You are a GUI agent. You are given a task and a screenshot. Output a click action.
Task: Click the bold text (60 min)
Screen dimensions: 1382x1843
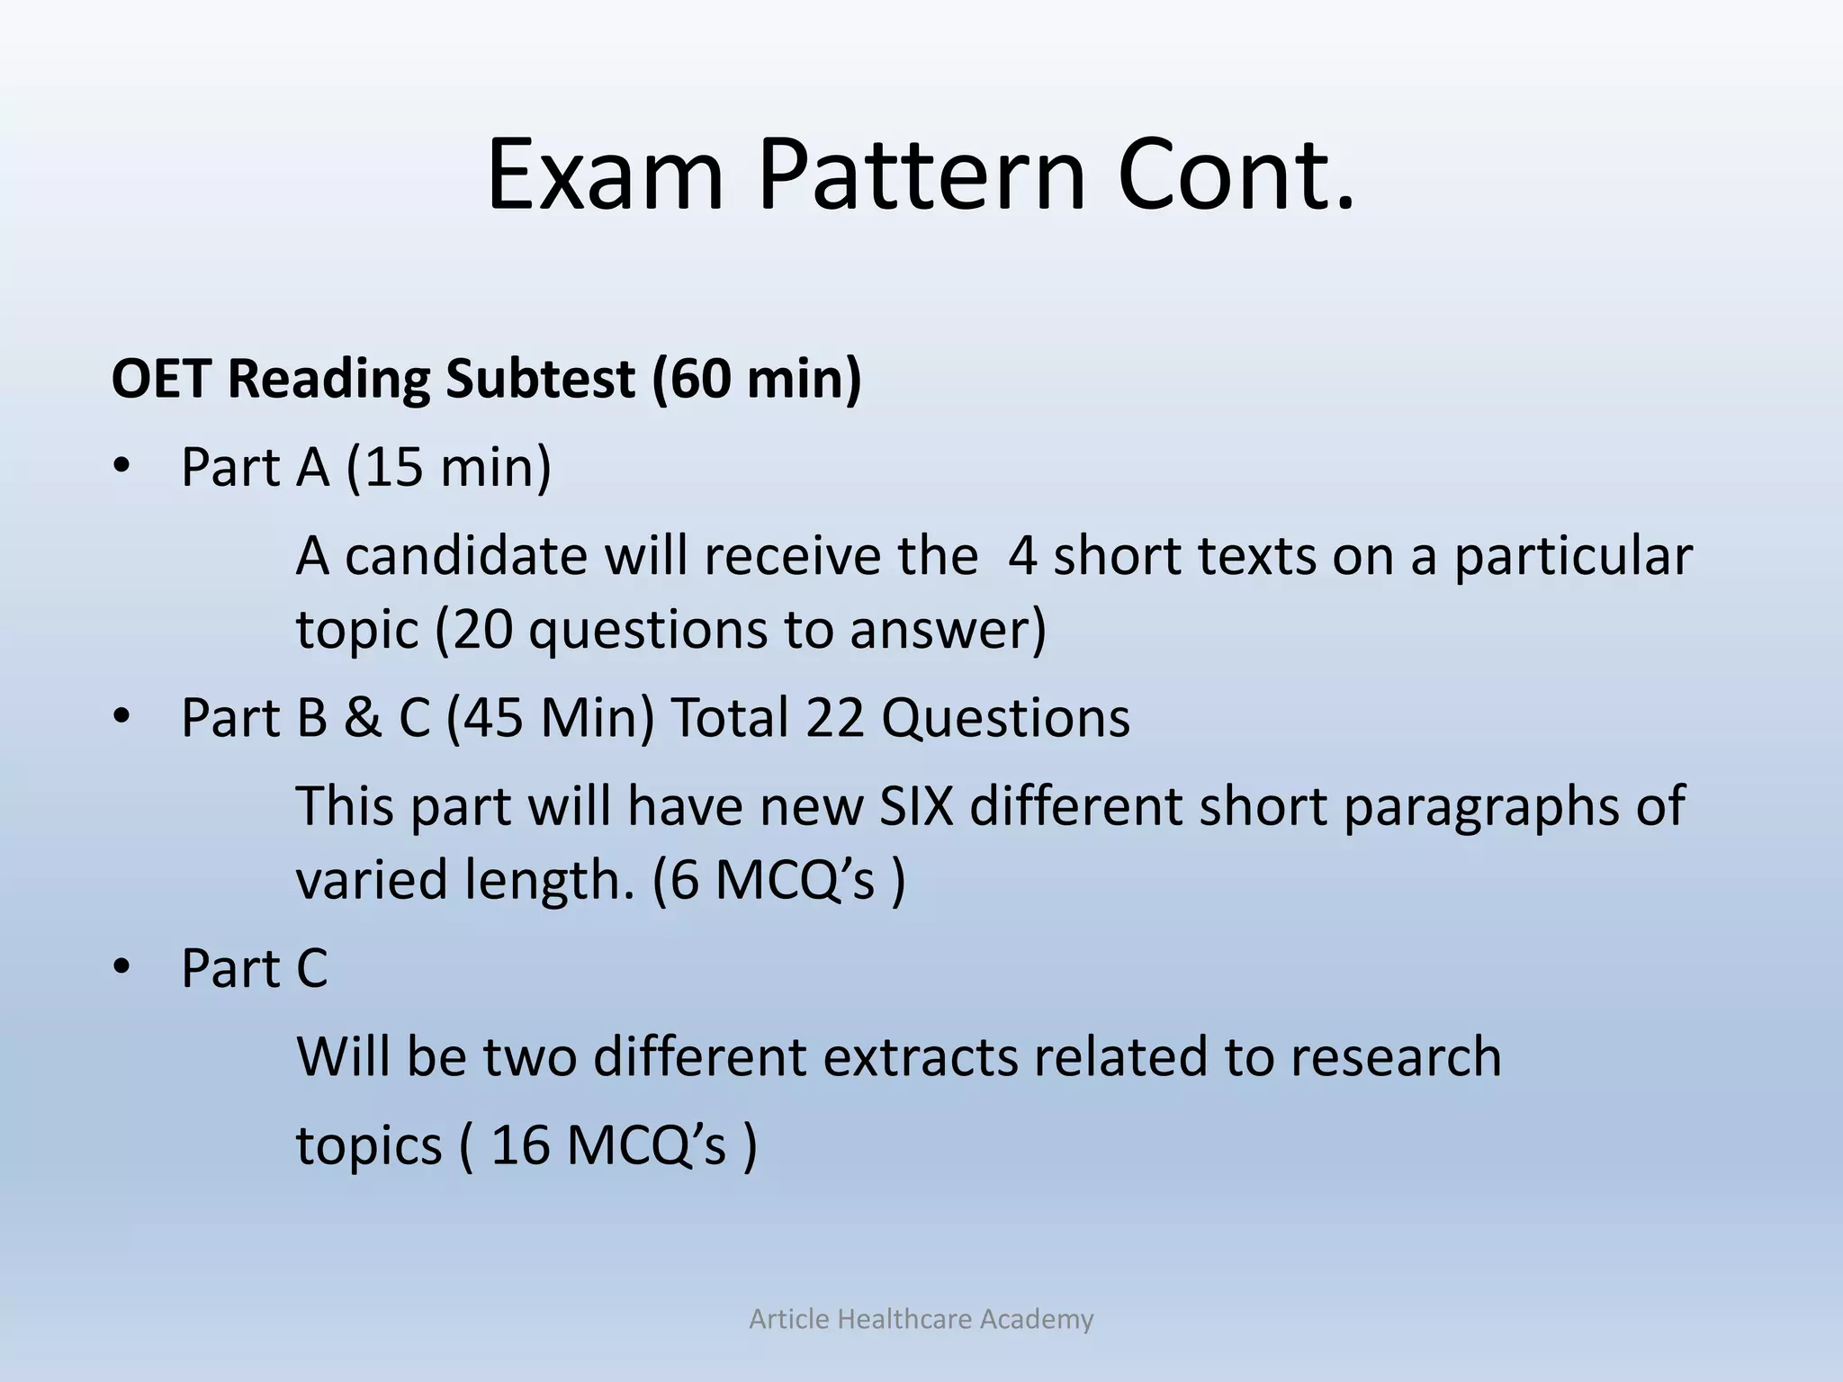(x=756, y=379)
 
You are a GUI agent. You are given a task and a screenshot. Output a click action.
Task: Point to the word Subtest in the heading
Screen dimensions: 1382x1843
(x=540, y=379)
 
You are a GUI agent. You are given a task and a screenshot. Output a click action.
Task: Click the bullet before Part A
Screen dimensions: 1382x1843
(x=122, y=469)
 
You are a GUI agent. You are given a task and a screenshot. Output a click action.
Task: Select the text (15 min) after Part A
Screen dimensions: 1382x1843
(x=449, y=469)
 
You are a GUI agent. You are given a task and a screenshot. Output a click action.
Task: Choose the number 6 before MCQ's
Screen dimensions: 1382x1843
(x=684, y=880)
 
